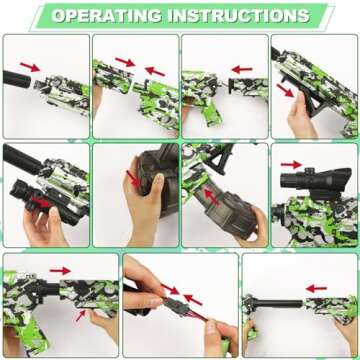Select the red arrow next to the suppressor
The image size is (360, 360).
pos(30,66)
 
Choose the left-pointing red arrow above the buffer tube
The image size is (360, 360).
pos(317,288)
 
